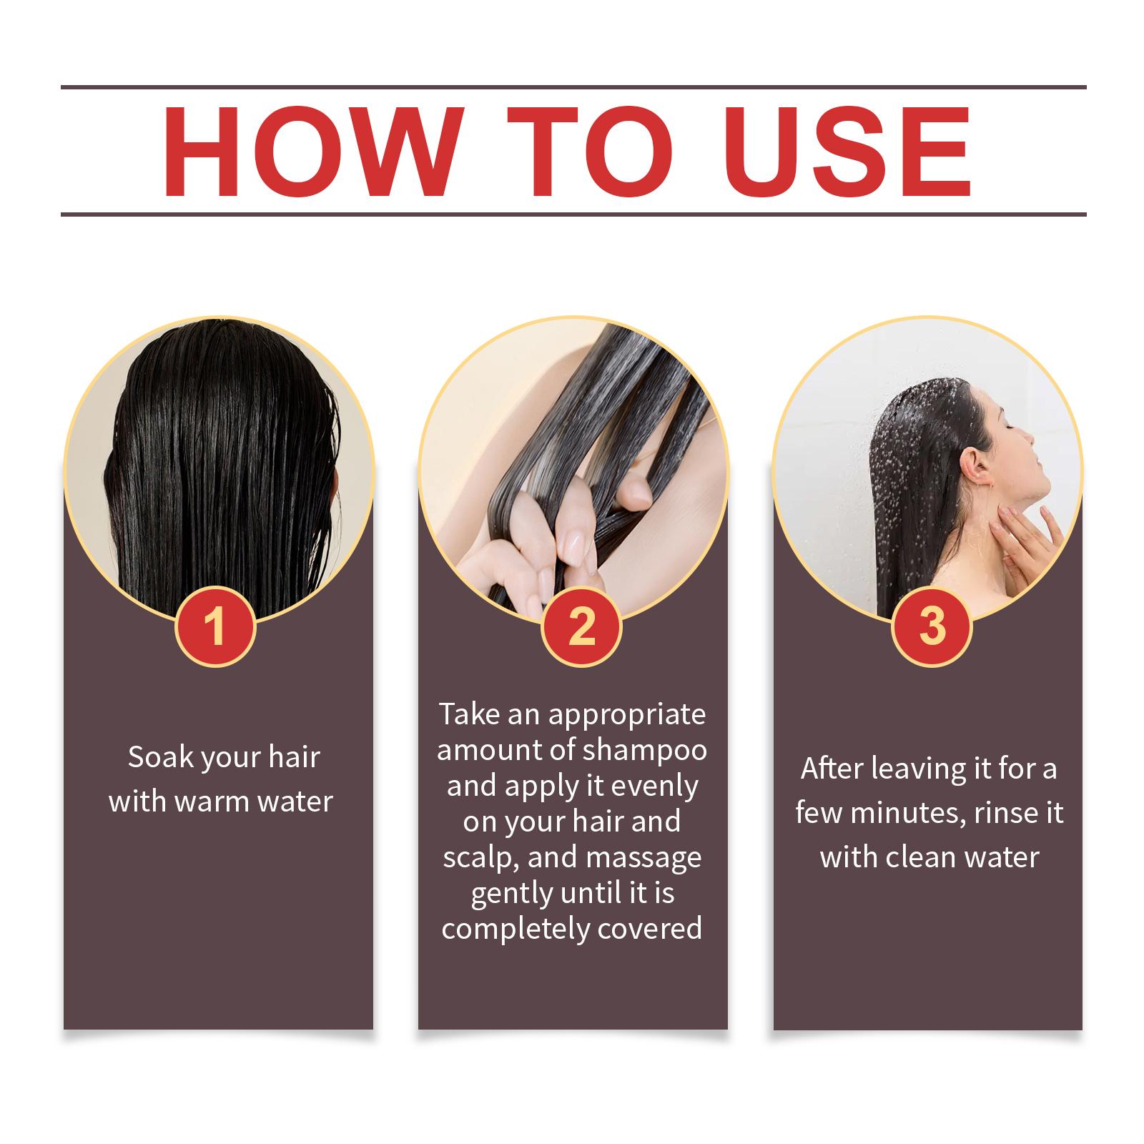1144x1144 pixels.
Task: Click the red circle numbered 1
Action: click(214, 626)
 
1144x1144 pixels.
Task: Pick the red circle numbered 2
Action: click(581, 626)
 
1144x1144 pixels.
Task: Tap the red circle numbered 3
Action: click(932, 626)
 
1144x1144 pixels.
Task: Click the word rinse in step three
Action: click(999, 813)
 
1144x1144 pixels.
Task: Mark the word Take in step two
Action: click(466, 714)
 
